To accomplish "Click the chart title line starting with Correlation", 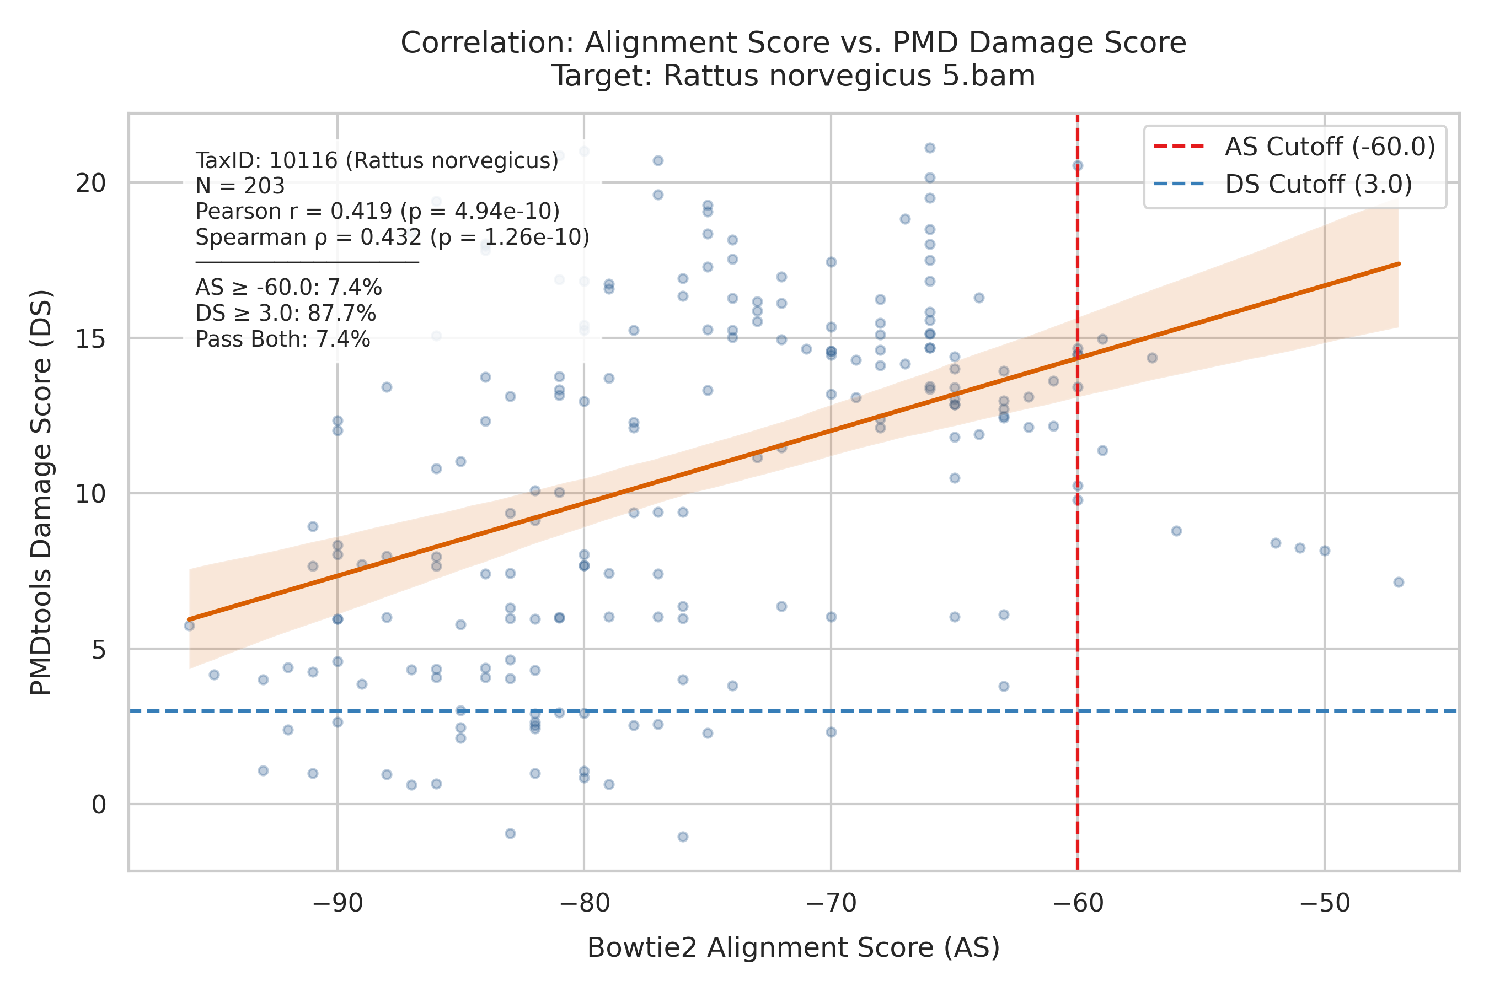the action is click(793, 43).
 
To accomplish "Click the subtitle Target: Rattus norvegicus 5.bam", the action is click(793, 76).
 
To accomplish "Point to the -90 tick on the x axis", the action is click(338, 903).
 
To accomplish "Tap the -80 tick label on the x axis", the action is click(585, 903).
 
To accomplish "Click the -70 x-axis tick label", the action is click(831, 903).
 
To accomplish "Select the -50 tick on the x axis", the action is click(1325, 903).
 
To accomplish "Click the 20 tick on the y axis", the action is click(90, 183).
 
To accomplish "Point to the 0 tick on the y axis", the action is click(99, 805).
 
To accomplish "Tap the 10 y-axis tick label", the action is click(90, 493).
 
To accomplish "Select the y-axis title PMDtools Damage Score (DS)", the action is click(41, 492).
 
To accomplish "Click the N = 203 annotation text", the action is click(240, 186).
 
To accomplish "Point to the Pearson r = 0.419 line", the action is click(377, 211).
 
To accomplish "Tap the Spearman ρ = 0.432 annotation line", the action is click(392, 237).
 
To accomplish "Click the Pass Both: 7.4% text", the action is click(282, 339).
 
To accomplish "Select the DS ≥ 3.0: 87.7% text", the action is click(286, 314).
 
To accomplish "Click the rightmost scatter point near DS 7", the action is click(1399, 582).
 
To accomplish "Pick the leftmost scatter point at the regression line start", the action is click(189, 626).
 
